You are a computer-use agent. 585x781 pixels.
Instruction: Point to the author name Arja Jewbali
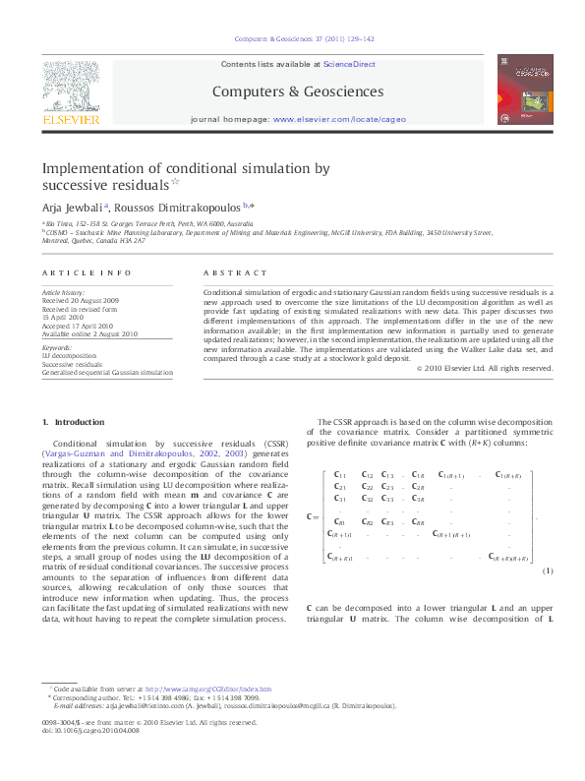click(x=71, y=207)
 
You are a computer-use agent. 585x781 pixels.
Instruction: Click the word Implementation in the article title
click(x=97, y=168)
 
